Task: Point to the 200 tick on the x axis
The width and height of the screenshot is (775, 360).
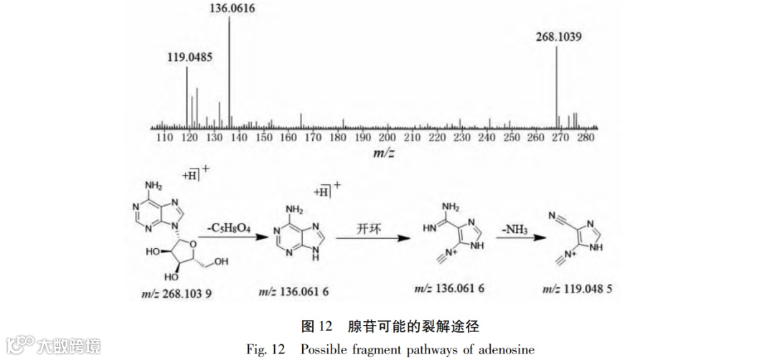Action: point(387,138)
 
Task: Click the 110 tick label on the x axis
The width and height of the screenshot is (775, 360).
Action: point(164,138)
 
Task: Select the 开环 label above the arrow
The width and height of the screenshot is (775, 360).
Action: point(370,229)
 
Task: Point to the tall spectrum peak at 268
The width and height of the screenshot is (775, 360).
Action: point(557,86)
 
